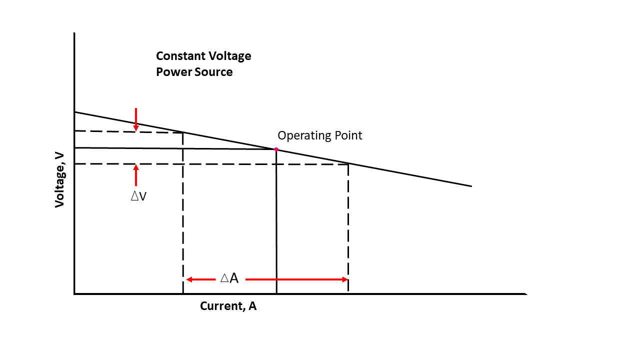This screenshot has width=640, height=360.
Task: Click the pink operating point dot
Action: point(276,149)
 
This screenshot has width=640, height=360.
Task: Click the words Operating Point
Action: point(319,135)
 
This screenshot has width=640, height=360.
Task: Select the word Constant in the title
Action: point(179,56)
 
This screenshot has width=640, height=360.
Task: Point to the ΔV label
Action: point(138,196)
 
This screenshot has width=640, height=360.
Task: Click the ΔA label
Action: point(229,279)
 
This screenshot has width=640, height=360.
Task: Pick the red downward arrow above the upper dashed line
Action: point(136,120)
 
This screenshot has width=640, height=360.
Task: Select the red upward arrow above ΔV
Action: point(136,175)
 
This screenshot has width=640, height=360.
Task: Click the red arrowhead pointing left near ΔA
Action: point(189,279)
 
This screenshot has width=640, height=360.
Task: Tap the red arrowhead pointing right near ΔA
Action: point(344,279)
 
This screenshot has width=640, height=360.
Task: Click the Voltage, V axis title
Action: point(60,180)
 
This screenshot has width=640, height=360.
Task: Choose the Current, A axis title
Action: point(228,306)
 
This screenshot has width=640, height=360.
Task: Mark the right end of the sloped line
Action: point(471,186)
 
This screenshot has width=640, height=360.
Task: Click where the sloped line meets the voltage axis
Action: point(74,112)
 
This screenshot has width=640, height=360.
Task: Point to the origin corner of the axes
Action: point(74,293)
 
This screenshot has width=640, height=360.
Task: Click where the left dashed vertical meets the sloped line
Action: point(183,132)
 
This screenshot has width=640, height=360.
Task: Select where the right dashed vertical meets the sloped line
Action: point(348,163)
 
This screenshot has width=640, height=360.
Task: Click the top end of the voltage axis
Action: point(74,33)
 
